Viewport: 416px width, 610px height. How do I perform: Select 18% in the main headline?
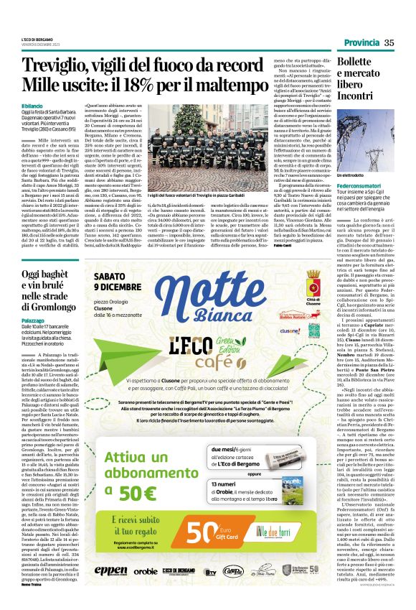[x=175, y=87]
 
